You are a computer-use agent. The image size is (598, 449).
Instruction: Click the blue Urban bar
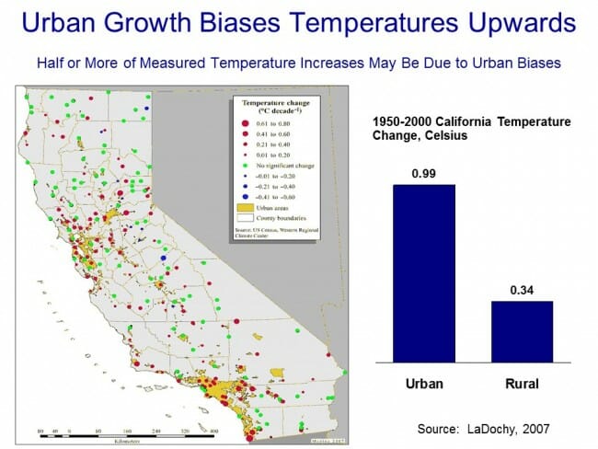coord(424,271)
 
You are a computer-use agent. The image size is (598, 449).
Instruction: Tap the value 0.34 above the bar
coord(522,290)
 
